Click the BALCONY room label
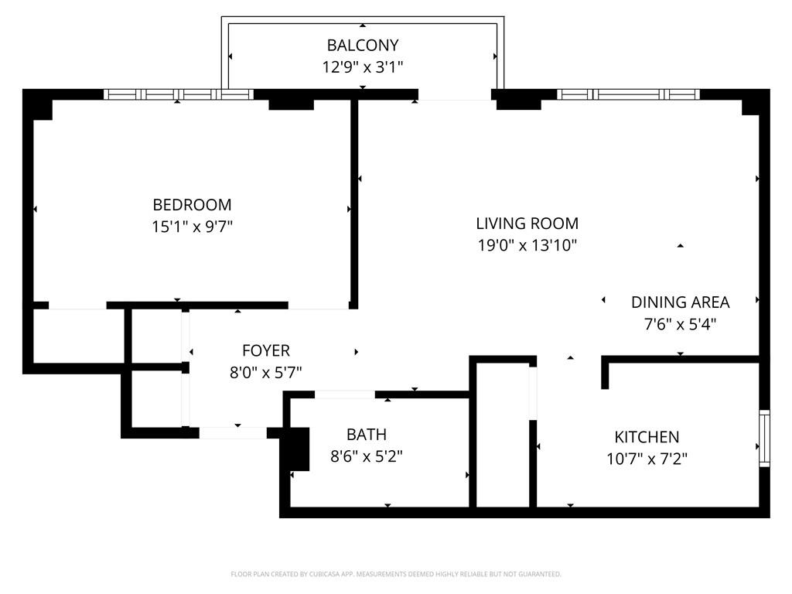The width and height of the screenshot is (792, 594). pos(363,45)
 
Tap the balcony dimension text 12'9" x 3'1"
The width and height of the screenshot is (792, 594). pos(363,67)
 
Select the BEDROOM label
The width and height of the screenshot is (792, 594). pos(192,205)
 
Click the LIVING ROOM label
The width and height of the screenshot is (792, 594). pos(527,224)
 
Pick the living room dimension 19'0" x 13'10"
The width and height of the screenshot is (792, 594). pos(527,246)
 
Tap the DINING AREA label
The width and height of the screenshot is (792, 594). pos(680,302)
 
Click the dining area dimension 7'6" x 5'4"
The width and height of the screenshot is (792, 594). pos(680,325)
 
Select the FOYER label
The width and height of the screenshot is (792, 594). pos(265,350)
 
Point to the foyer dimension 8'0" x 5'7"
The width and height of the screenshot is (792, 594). pos(265,373)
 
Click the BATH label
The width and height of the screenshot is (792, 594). pos(367,435)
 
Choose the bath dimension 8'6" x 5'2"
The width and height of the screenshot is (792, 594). pos(367,456)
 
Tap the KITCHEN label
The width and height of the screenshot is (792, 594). pos(647,437)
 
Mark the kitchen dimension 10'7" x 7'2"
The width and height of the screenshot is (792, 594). pos(647,459)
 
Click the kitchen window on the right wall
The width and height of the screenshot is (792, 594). pos(765,439)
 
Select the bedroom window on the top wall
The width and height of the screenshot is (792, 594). pos(179,94)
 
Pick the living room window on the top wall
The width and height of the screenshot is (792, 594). pos(627,94)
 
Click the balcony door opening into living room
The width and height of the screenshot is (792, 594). pos(455,96)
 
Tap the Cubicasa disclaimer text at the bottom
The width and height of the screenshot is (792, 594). pos(395,574)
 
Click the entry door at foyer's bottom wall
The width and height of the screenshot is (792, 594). pos(233,432)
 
